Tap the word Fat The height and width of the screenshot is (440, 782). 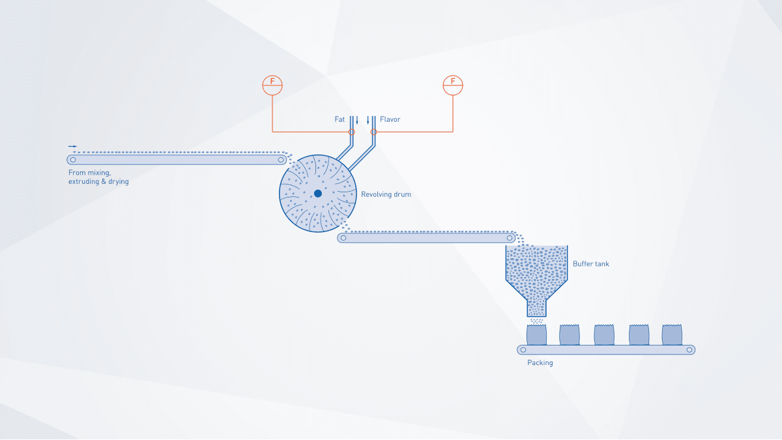pos(340,119)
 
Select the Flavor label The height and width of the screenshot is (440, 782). pos(390,119)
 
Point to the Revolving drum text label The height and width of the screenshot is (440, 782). pos(386,194)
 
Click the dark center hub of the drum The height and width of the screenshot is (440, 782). pos(318,194)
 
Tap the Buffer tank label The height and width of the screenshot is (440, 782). pos(590,263)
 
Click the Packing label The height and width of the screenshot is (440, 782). pos(540,362)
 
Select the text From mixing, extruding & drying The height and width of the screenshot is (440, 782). pos(98,177)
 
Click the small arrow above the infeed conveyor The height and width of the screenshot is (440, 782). pos(72,146)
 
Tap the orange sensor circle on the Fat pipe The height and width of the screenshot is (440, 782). pos(351,132)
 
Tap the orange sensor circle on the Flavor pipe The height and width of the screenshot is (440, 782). pos(373,132)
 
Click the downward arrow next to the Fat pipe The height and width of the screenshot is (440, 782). pos(357,121)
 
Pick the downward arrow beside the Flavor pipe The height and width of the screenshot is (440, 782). pos(368,121)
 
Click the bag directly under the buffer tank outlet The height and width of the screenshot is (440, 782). pos(536,335)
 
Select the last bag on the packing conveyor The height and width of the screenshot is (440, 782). pos(672,335)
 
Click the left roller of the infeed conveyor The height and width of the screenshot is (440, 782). pos(73,160)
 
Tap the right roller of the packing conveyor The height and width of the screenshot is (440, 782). pos(689,350)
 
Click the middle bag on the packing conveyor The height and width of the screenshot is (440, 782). pos(604,335)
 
